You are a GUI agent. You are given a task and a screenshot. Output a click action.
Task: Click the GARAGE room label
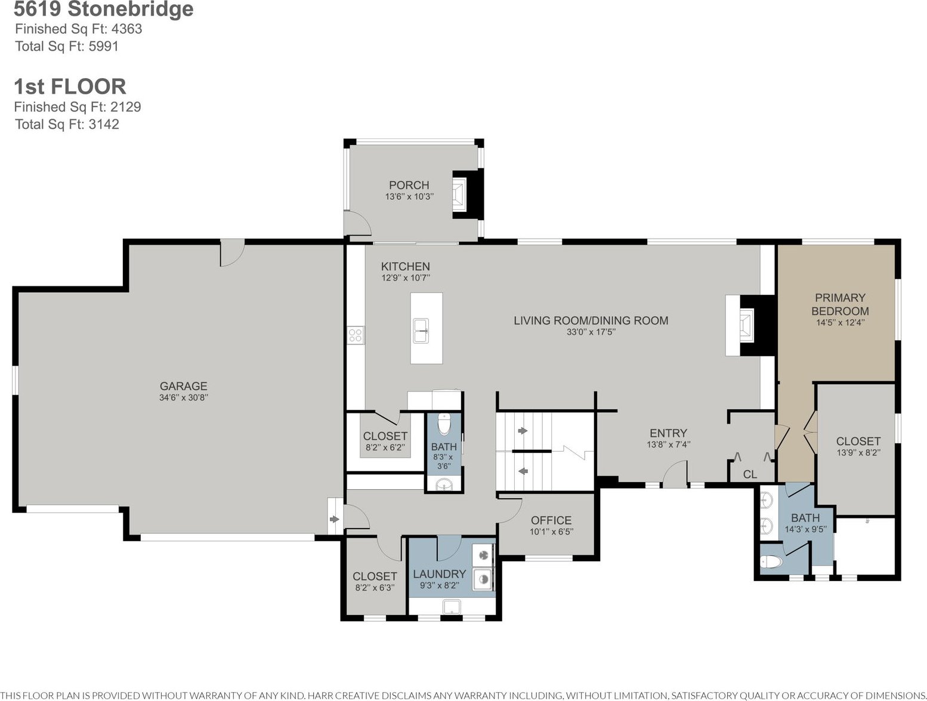click(183, 386)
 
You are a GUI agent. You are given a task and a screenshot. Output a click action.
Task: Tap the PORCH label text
click(409, 185)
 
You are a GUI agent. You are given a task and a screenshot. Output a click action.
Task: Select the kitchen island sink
click(421, 331)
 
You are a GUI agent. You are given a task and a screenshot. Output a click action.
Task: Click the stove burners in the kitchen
click(356, 335)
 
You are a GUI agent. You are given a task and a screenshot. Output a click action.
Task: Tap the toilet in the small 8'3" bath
click(444, 424)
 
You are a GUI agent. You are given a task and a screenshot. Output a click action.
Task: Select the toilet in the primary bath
click(771, 561)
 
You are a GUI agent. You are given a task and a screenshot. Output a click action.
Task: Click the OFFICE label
click(551, 520)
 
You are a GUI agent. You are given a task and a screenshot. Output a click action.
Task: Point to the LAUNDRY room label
click(439, 574)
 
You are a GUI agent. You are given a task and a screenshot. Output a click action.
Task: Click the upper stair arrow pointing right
click(523, 431)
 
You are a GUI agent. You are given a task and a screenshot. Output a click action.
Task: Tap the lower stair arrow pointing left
click(523, 471)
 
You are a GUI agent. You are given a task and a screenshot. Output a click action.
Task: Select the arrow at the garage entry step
click(334, 519)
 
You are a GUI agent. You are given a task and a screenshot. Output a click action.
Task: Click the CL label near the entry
click(750, 474)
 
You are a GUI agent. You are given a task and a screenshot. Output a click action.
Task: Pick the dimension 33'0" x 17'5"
click(591, 332)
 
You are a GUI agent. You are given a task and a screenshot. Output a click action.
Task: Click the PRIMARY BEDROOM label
click(840, 304)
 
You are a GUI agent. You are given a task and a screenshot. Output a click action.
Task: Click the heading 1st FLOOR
click(70, 86)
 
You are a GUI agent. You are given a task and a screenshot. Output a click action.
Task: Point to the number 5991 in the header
click(103, 46)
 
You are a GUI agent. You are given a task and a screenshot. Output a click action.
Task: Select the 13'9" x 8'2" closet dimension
click(858, 452)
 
